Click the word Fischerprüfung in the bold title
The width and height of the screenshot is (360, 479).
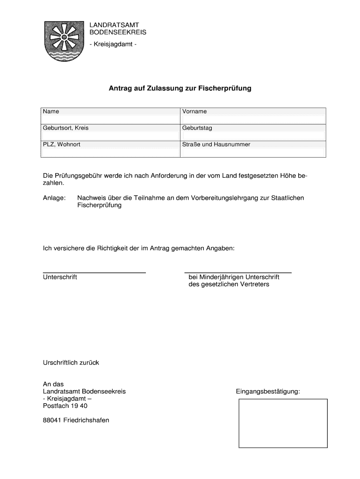[225, 88]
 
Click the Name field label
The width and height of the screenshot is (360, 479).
[51, 112]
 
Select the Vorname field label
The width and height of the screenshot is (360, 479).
[194, 112]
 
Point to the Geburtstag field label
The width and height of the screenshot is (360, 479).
[197, 128]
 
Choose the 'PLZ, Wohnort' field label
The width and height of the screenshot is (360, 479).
[62, 145]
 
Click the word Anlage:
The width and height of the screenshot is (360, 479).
[54, 198]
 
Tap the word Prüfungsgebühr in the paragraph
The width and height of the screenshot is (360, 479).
[82, 176]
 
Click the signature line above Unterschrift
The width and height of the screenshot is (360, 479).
[94, 272]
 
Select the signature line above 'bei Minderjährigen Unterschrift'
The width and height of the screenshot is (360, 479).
[238, 272]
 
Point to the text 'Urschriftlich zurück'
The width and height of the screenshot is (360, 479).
[71, 363]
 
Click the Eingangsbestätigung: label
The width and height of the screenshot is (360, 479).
[267, 391]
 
